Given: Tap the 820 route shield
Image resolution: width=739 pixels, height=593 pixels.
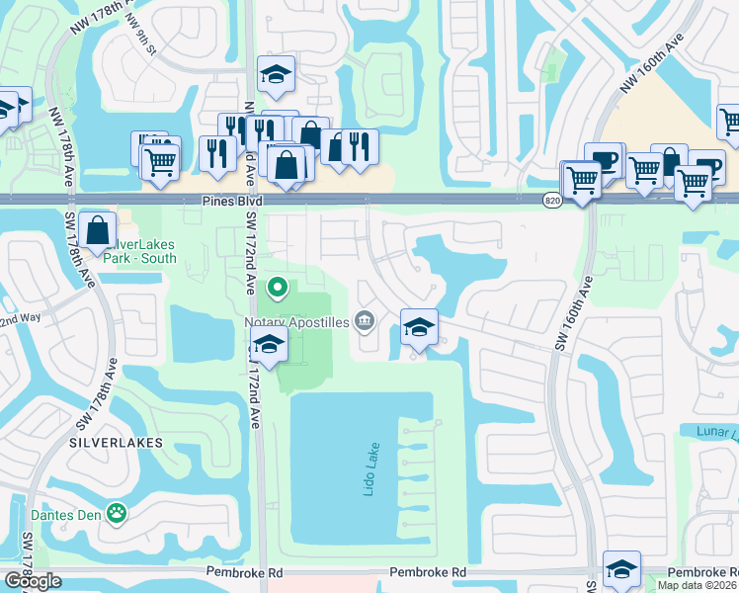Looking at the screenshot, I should pyautogui.click(x=553, y=200).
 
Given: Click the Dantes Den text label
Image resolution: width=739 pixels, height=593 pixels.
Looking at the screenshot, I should pyautogui.click(x=69, y=513).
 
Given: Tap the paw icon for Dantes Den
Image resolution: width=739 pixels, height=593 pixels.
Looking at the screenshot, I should pyautogui.click(x=119, y=513).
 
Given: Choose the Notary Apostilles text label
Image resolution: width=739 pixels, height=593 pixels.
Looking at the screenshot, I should pyautogui.click(x=296, y=321).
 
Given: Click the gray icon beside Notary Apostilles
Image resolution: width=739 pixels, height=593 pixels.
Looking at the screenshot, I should pyautogui.click(x=365, y=319).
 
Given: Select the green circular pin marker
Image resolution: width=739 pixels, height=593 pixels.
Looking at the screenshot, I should pyautogui.click(x=278, y=289).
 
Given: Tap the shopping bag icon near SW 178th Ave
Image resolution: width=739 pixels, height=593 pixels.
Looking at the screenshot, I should pyautogui.click(x=98, y=230).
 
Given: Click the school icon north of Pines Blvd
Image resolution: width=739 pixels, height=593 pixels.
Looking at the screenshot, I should pyautogui.click(x=276, y=72).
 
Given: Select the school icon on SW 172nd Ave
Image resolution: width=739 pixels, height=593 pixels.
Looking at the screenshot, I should pyautogui.click(x=268, y=345).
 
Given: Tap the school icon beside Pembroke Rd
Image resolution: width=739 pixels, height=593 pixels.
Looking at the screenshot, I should pyautogui.click(x=621, y=568).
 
